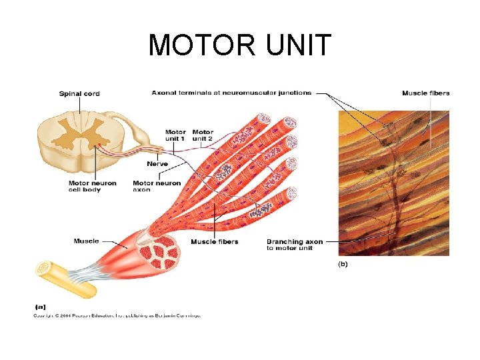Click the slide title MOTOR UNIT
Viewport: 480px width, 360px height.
(239, 45)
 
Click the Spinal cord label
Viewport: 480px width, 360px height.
(79, 94)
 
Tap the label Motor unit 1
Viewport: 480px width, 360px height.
(175, 135)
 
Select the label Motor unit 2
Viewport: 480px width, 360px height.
(203, 135)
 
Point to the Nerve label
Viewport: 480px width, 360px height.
(157, 163)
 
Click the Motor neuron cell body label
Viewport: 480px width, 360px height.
(92, 186)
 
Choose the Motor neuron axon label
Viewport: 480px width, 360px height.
(157, 186)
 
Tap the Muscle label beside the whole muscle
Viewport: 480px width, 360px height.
(86, 241)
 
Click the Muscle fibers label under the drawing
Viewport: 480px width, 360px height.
(214, 241)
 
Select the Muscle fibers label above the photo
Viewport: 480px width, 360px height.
(425, 93)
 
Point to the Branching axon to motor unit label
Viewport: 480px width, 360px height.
(295, 245)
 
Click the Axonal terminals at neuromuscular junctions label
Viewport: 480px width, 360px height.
(231, 93)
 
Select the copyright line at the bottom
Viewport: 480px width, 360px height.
(117, 315)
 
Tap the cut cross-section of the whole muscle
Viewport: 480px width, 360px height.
(159, 250)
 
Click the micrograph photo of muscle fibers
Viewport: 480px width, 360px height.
(393, 183)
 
